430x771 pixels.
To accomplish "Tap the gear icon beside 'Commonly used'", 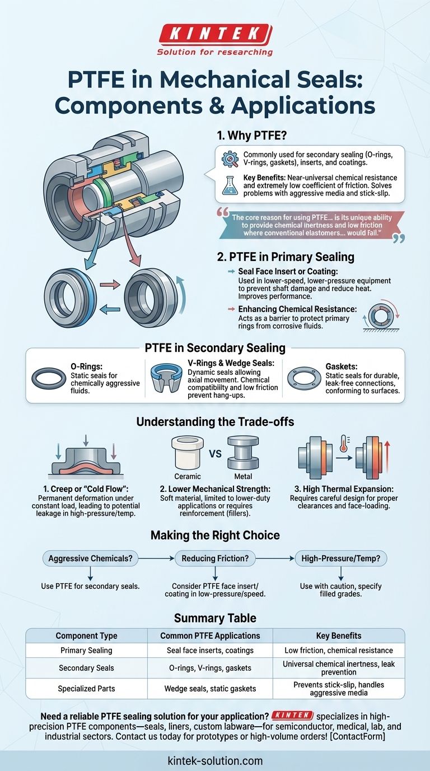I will [230, 159].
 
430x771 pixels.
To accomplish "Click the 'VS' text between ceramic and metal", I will [215, 453].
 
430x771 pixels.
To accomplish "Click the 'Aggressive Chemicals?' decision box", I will [90, 558].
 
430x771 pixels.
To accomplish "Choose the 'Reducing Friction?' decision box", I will [215, 558].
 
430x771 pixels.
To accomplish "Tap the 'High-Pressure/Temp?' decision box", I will [341, 558].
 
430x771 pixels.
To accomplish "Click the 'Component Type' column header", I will [86, 635].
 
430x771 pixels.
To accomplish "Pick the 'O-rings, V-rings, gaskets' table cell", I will [210, 668].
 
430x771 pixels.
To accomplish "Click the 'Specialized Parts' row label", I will [86, 689].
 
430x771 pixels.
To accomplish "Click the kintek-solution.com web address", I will [215, 761].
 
